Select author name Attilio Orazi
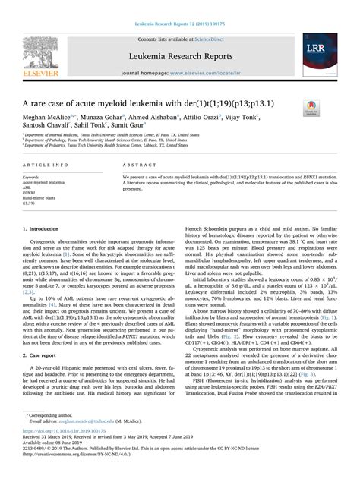198,118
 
